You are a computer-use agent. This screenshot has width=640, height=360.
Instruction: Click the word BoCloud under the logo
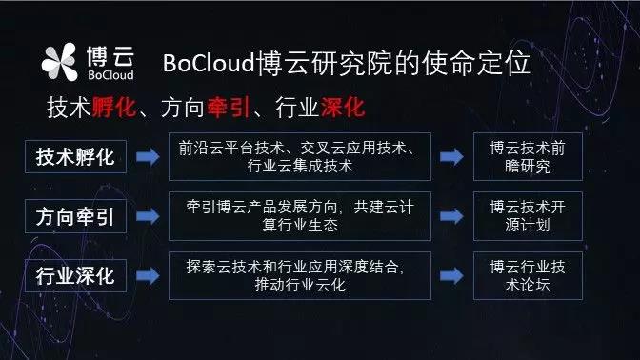coord(110,74)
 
